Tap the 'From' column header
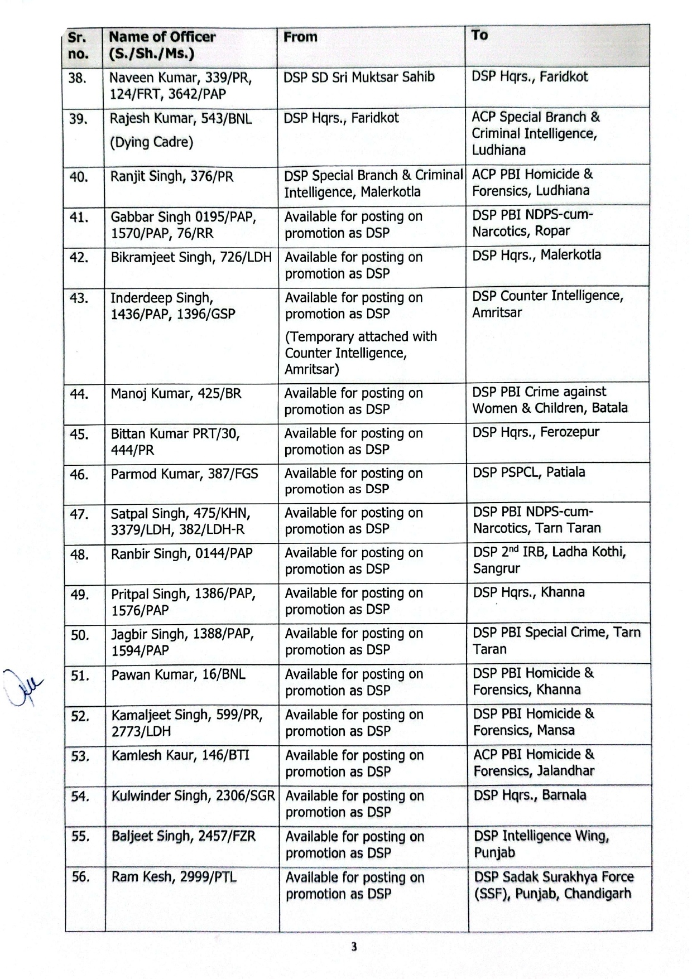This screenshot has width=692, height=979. (x=300, y=37)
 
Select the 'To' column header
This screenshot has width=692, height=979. (x=479, y=35)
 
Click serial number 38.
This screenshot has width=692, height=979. (x=77, y=78)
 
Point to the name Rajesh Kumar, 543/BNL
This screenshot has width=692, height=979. (x=180, y=119)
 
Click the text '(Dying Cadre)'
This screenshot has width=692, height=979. (x=151, y=142)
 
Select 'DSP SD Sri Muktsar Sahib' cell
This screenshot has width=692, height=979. (x=359, y=77)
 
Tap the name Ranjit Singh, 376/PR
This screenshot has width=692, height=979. (x=172, y=177)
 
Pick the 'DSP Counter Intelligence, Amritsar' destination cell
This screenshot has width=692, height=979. (x=547, y=304)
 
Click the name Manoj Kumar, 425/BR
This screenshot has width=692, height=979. (x=176, y=394)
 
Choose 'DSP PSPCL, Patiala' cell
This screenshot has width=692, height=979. (x=528, y=472)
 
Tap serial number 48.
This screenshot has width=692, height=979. (x=80, y=554)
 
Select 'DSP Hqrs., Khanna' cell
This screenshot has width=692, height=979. (x=528, y=592)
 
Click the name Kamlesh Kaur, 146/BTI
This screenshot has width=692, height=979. (x=180, y=756)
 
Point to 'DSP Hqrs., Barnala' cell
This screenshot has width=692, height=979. (x=530, y=795)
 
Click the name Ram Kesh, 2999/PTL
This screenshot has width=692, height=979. (x=174, y=877)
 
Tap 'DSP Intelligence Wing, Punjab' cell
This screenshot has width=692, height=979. (x=541, y=844)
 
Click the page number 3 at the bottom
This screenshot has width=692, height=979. (x=354, y=947)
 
